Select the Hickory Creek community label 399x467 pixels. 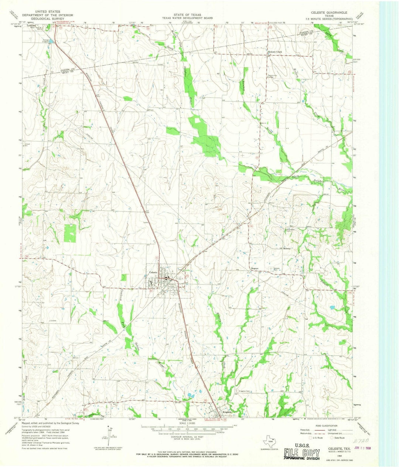coord(274,52)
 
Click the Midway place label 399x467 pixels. coord(287,248)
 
